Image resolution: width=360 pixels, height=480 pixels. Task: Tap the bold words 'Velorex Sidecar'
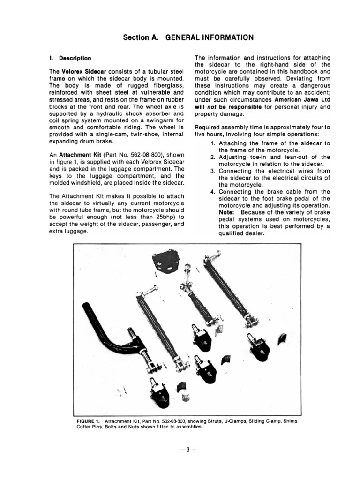[x=79, y=71]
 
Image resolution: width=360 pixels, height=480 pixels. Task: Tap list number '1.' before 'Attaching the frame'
[x=213, y=143]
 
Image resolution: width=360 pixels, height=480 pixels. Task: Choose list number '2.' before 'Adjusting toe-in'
[x=213, y=157]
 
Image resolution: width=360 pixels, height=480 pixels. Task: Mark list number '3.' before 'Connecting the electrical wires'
[x=213, y=171]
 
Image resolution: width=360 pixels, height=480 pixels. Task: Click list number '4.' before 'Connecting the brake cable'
[x=213, y=192]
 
